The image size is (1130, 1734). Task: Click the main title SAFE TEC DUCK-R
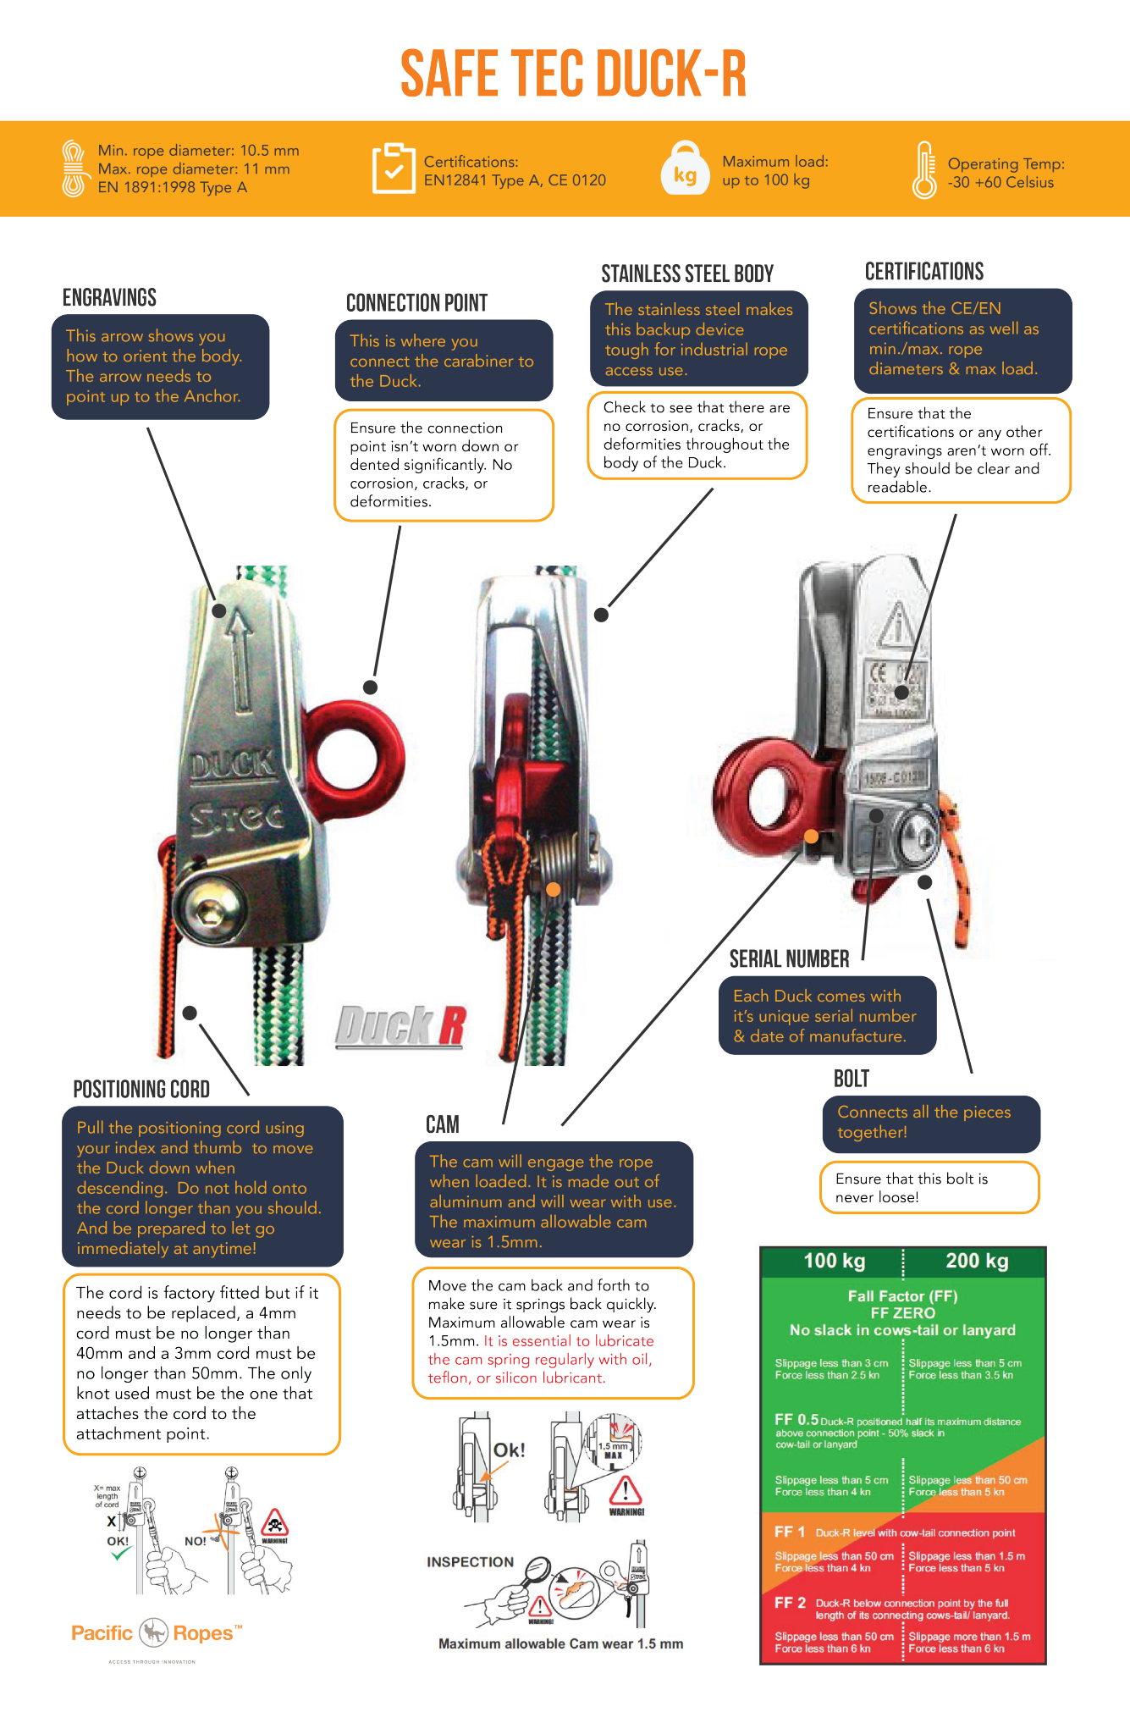pos(573,74)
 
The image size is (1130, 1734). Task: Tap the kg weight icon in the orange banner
pos(685,169)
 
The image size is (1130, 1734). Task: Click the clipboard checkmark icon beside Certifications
pos(393,168)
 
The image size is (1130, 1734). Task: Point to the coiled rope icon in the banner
pos(74,168)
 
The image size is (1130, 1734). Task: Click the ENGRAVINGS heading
pos(109,297)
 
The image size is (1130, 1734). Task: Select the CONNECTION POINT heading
pos(416,302)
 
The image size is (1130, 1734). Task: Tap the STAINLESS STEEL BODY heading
pos(687,273)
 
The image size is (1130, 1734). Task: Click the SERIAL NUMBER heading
pos(789,958)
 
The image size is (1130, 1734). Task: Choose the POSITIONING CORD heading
pos(141,1089)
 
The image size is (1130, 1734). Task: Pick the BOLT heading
pos(852,1078)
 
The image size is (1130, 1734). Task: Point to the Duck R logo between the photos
pos(400,1026)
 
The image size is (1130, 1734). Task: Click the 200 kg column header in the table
pos(977,1261)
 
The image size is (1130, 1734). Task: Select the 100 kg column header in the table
pos(834,1261)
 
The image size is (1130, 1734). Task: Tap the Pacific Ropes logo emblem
pos(154,1632)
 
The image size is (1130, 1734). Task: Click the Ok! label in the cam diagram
pos(509,1450)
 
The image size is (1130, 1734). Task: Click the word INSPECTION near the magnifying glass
pos(470,1562)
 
